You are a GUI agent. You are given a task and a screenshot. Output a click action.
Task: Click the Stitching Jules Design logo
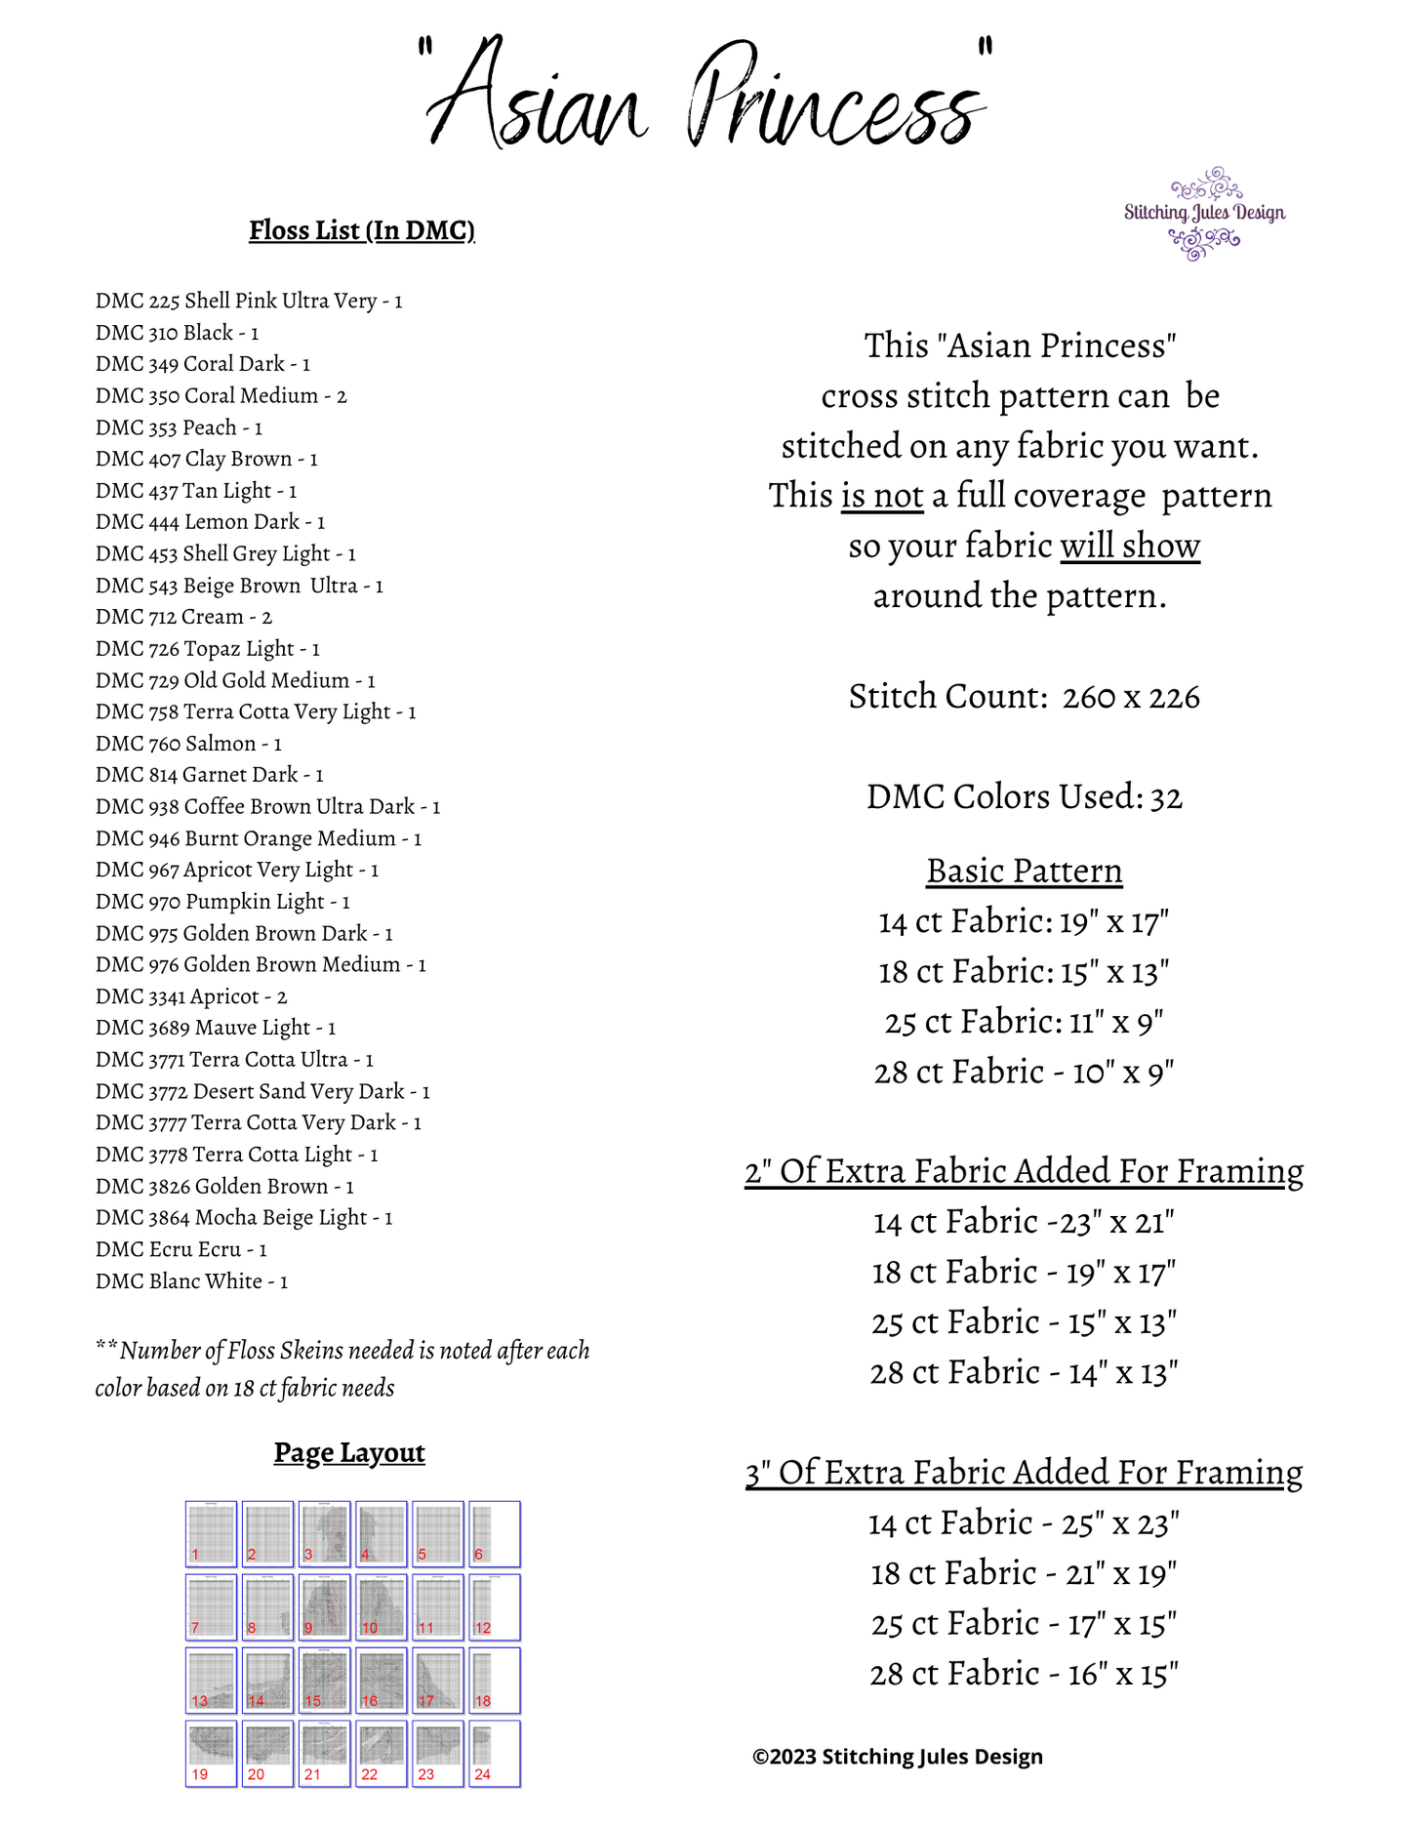click(x=1204, y=214)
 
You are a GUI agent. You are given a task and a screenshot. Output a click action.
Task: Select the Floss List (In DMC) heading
click(x=362, y=230)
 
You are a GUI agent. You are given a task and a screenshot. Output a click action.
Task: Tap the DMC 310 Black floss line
click(x=177, y=333)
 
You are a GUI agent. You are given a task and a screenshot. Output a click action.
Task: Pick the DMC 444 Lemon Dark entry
click(x=210, y=522)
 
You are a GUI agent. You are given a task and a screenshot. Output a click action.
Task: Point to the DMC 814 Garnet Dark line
click(x=209, y=775)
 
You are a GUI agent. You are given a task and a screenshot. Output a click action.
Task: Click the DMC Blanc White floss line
click(x=191, y=1281)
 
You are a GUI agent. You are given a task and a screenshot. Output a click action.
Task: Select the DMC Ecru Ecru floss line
click(x=181, y=1249)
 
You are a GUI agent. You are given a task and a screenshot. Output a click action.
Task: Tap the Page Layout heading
click(x=349, y=1453)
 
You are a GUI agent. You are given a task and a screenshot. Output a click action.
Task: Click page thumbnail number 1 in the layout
click(x=211, y=1534)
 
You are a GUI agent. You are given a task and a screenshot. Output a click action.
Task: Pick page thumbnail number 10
click(x=381, y=1607)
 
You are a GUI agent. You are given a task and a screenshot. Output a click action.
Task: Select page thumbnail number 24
click(x=494, y=1754)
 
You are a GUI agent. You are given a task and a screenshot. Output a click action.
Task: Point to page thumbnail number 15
click(x=324, y=1681)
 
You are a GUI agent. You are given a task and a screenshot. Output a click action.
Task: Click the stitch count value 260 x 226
click(x=1131, y=697)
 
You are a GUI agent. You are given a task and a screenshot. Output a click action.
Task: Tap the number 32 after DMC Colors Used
click(x=1167, y=798)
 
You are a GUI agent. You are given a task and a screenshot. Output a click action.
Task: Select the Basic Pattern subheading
click(x=1024, y=871)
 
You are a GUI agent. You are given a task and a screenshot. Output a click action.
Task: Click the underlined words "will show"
click(x=1130, y=547)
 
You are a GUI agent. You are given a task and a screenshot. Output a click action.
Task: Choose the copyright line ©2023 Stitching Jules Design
click(x=897, y=1757)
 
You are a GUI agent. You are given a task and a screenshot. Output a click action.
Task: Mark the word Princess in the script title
click(x=834, y=98)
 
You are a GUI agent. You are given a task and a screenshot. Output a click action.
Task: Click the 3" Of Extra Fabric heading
click(x=1024, y=1472)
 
